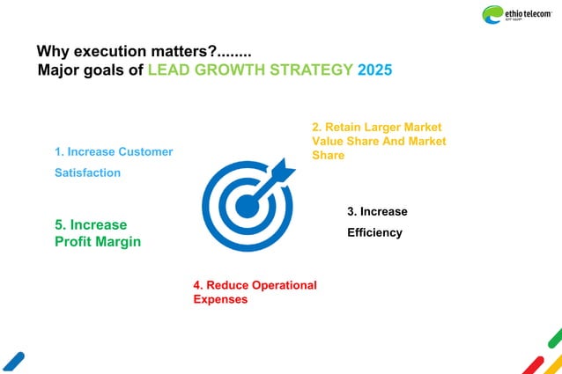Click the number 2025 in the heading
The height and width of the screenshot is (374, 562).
click(x=375, y=70)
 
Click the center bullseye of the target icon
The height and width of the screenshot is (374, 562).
click(x=247, y=206)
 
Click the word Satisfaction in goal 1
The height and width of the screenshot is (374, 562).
click(x=87, y=172)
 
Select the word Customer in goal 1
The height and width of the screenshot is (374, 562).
click(x=145, y=151)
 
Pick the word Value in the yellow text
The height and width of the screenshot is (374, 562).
click(x=329, y=141)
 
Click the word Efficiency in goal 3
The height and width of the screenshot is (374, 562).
click(x=374, y=233)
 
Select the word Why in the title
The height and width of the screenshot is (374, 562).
click(x=50, y=51)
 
